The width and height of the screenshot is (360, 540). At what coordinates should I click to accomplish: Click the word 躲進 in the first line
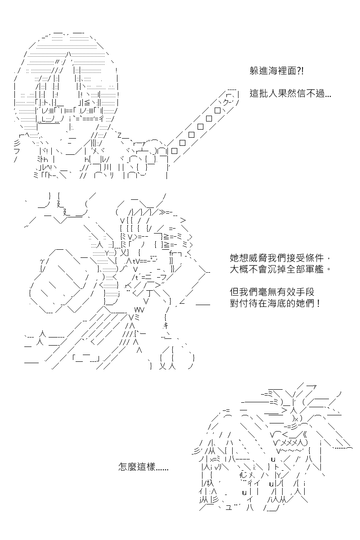tap(258, 71)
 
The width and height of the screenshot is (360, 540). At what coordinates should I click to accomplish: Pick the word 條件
tap(314, 258)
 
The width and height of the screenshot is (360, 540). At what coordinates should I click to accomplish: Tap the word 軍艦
tap(314, 269)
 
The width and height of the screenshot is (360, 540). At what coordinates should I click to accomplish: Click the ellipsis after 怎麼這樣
tap(162, 470)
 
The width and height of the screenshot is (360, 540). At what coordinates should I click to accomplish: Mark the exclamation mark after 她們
tap(319, 303)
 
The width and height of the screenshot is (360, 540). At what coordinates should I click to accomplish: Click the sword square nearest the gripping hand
tap(174, 151)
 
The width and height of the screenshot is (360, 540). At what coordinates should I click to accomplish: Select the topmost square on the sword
tap(218, 111)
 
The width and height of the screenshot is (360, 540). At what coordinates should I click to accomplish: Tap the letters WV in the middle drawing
tap(139, 310)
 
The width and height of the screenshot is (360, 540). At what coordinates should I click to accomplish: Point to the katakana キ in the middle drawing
tap(166, 326)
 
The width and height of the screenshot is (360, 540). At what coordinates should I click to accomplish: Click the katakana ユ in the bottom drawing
tap(228, 508)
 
